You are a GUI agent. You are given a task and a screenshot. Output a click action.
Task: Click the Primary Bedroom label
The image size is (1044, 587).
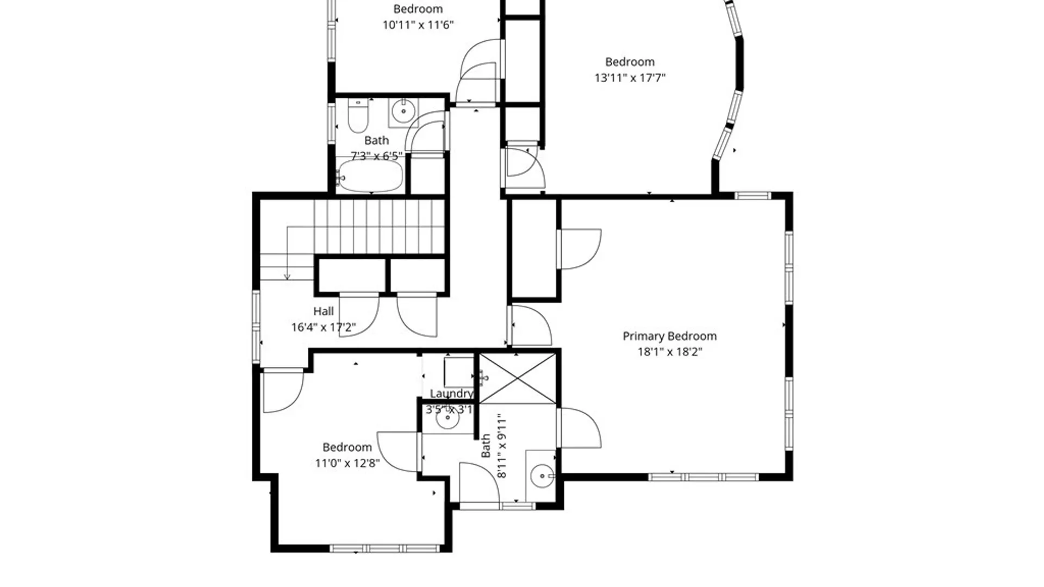pos(669,336)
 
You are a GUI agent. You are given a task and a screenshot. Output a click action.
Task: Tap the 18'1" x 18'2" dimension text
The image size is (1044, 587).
pos(669,352)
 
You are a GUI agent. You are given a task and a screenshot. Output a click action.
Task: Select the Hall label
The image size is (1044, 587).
pos(324,311)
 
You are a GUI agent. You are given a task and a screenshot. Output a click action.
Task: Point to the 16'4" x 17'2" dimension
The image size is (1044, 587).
pos(324,327)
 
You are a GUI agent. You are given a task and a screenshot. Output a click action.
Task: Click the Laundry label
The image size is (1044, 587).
pos(451,394)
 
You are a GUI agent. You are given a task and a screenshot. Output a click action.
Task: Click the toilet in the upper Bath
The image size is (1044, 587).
pos(357,116)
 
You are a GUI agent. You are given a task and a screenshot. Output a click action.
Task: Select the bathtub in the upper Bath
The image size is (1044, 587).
pos(370,175)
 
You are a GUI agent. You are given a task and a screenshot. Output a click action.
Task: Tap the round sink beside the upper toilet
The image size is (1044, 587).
pos(403,112)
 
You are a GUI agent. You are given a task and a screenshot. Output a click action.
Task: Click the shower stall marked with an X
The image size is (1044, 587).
pos(518,379)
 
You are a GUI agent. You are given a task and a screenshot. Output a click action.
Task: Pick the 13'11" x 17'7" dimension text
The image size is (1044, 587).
pos(630,78)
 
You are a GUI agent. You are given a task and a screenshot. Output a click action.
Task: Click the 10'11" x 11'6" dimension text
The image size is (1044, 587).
pos(418,25)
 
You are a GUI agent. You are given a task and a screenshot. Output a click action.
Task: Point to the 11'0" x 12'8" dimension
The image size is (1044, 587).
pos(347,463)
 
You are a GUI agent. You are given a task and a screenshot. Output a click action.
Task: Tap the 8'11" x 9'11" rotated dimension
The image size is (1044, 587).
pos(501,446)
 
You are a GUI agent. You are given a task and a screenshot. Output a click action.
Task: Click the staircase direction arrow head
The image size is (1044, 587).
pos(287,277)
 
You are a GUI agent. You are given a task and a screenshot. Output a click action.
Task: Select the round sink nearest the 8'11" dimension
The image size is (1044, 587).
pos(542,477)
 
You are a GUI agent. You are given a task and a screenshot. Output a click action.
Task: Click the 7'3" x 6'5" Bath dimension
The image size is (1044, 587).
pos(377,157)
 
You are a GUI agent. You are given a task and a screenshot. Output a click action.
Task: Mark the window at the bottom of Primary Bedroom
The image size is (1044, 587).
pos(703,477)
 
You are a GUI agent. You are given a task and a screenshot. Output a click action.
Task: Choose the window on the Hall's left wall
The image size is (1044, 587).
pos(256,327)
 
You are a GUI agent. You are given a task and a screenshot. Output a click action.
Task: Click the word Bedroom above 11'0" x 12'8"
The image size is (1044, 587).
pos(347,447)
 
